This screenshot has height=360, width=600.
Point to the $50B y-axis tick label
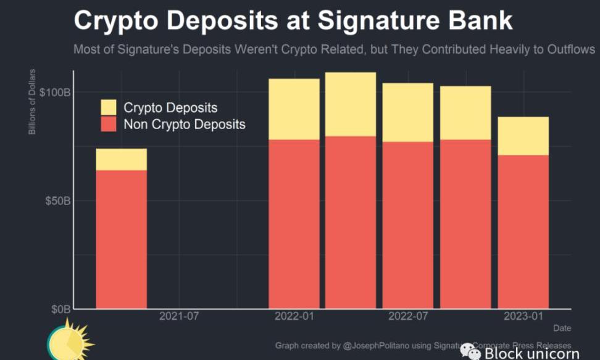click(57, 201)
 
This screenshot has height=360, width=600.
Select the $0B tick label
click(60, 309)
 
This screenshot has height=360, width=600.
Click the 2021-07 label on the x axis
click(179, 317)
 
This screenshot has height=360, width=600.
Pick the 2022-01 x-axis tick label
click(294, 317)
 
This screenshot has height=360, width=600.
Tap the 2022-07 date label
click(408, 317)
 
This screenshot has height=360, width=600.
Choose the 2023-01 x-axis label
click(523, 317)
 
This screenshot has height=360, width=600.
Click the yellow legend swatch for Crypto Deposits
click(109, 107)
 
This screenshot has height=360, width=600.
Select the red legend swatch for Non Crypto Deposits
click(109, 124)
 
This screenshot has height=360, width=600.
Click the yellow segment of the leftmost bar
click(121, 159)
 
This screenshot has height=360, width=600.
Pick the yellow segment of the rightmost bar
click(523, 135)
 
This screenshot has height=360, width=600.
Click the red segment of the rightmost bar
click(523, 232)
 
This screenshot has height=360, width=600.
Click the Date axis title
click(562, 328)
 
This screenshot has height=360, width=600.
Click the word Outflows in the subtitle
click(570, 49)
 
